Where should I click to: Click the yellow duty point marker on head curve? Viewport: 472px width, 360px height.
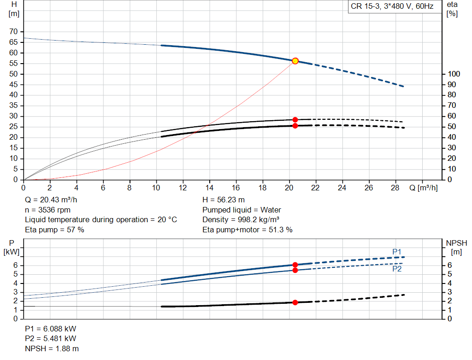point(295,61)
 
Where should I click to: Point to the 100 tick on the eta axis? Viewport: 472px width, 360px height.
point(454,74)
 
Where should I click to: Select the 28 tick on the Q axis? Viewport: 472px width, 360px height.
point(395,188)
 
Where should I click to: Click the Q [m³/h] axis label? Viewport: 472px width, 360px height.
point(423,188)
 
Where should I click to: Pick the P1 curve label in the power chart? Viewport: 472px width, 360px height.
point(397,251)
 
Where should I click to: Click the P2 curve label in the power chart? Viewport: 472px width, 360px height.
point(397,269)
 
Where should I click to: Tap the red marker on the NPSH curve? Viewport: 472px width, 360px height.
point(295,302)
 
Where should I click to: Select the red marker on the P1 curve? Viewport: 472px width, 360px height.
point(295,265)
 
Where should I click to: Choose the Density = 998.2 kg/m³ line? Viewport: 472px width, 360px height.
point(241,220)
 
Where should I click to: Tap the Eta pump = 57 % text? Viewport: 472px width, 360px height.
point(54,230)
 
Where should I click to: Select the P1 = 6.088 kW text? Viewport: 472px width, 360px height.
point(51,329)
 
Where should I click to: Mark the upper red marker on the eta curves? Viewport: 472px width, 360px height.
point(295,120)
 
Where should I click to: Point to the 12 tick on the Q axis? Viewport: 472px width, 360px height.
point(183,188)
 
